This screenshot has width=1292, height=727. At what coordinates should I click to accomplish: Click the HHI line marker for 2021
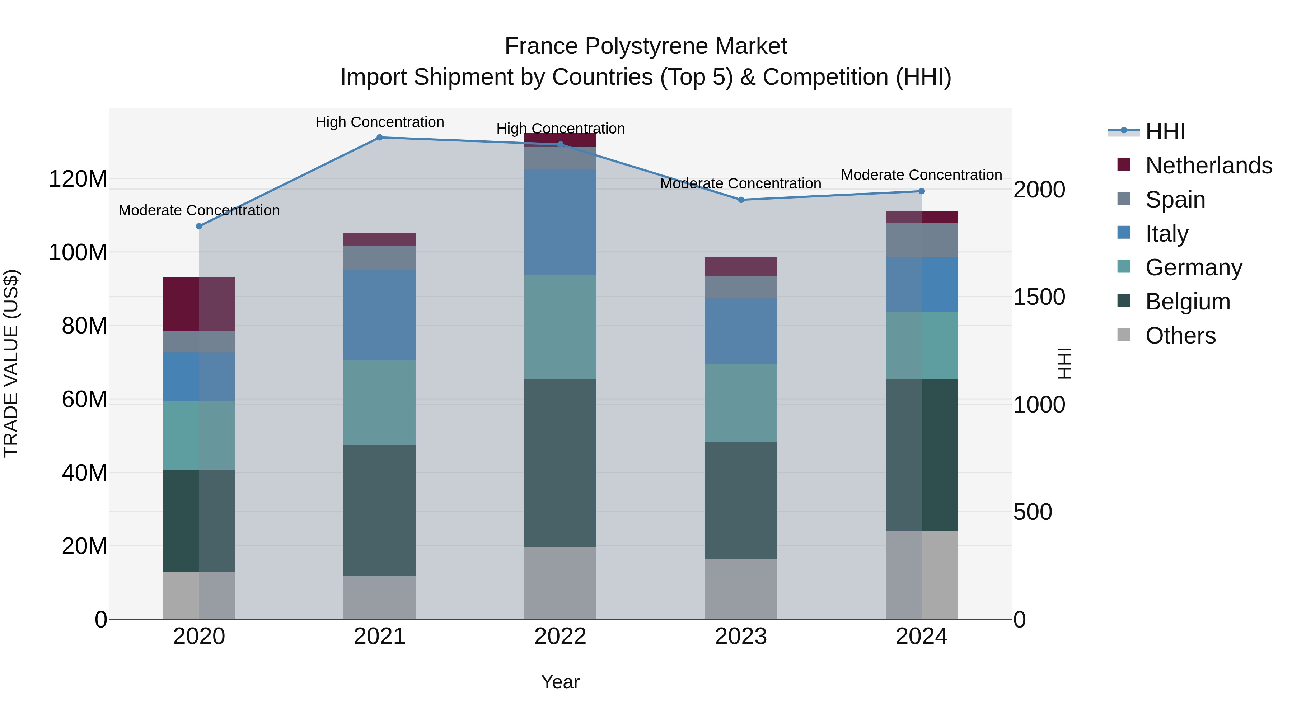pos(380,138)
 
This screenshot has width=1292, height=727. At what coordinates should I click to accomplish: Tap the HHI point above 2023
pos(741,200)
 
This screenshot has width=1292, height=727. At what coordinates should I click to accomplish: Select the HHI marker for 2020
pos(199,226)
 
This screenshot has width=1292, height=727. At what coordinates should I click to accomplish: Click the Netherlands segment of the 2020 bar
pos(199,304)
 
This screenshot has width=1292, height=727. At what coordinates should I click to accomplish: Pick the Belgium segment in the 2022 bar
pos(560,463)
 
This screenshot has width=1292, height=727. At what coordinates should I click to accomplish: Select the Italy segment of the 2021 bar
pos(380,315)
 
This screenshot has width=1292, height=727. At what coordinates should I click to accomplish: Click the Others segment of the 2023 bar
pos(741,589)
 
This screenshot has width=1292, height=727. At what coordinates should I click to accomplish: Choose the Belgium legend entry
pos(1188,302)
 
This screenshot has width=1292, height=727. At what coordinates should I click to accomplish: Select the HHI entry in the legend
pos(1165,131)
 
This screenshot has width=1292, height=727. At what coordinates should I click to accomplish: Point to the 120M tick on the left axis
pos(78,179)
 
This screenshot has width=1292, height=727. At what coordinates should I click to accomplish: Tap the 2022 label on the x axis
pos(560,637)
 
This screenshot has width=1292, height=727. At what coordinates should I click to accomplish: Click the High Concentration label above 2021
pos(380,122)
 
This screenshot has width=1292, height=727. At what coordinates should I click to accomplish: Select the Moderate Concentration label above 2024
pos(921,175)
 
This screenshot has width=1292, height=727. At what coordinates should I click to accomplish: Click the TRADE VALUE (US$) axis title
pos(11,363)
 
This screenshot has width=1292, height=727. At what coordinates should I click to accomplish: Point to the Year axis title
pos(560,682)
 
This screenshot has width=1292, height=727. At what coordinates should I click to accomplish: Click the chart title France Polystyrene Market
pos(646,46)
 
